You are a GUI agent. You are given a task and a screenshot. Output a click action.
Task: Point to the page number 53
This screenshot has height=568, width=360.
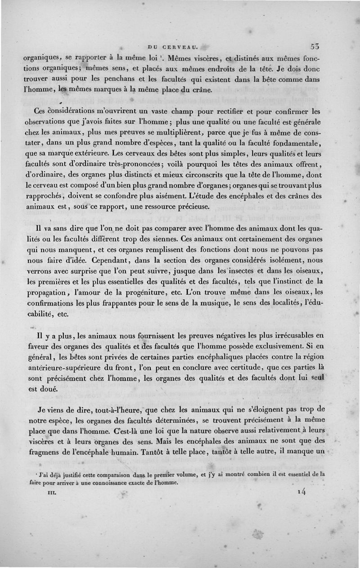point(314,46)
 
